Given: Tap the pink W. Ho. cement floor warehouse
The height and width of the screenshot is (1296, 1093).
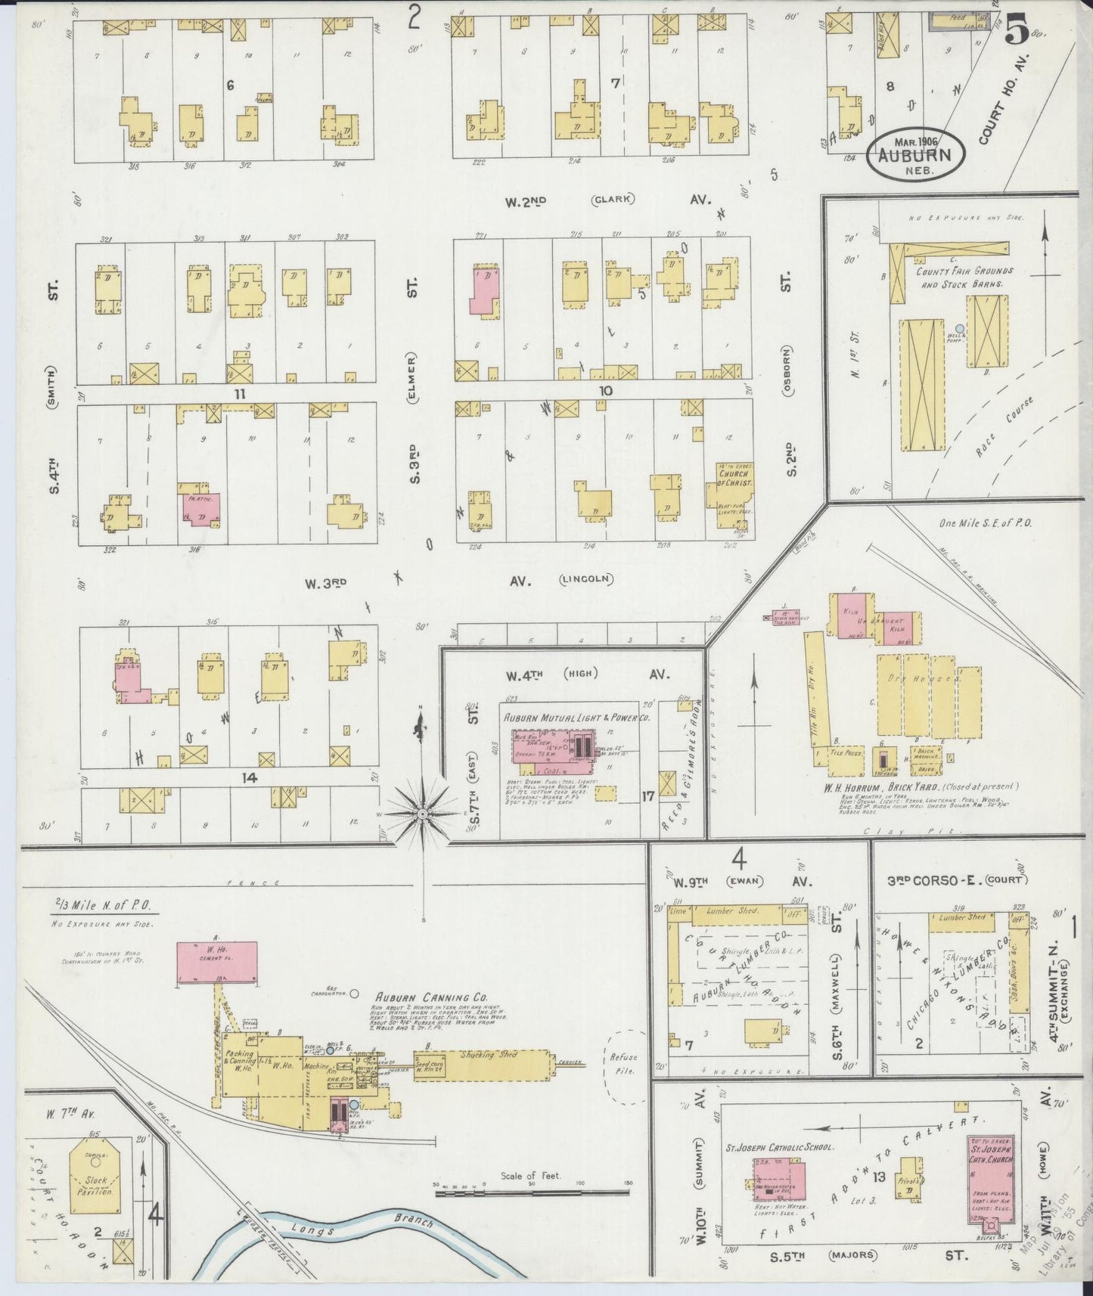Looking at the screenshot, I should (217, 962).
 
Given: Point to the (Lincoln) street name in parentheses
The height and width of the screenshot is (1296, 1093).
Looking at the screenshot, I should (586, 579).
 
